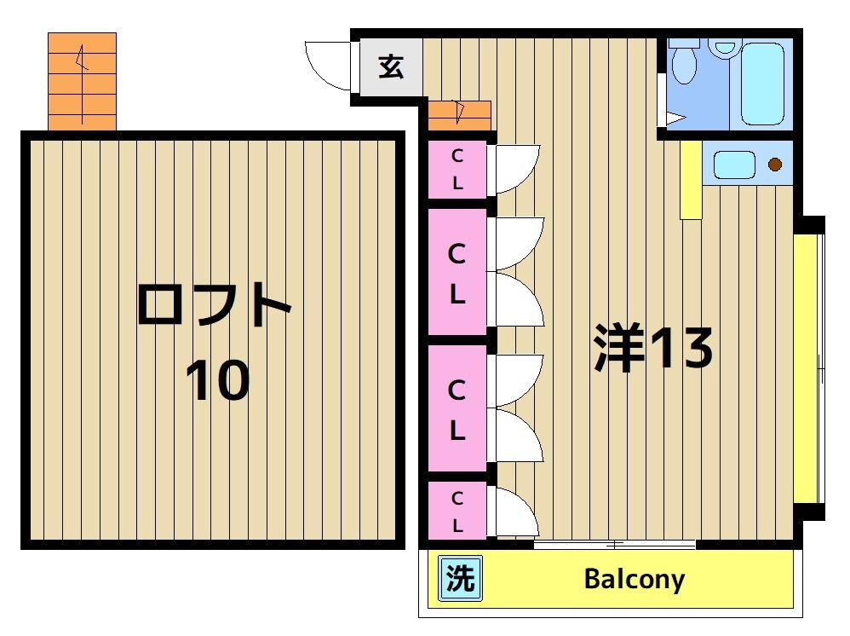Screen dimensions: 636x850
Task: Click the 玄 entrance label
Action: pos(391,66)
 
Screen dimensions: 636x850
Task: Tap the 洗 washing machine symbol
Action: pos(461,580)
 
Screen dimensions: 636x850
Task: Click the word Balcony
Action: pos(635,580)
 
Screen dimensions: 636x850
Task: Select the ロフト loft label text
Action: pos(214,306)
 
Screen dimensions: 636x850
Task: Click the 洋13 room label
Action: pos(653,348)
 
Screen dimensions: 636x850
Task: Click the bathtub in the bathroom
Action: pos(761,84)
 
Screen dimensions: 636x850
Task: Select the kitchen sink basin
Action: pos(734,164)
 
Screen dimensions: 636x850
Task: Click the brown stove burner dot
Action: pos(775,165)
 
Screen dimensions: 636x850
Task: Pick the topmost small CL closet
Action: pos(457,170)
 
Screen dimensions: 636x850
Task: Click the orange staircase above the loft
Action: pos(82,81)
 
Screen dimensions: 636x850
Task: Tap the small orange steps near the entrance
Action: pos(459,112)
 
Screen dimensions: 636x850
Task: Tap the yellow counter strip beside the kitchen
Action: pos(690,180)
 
